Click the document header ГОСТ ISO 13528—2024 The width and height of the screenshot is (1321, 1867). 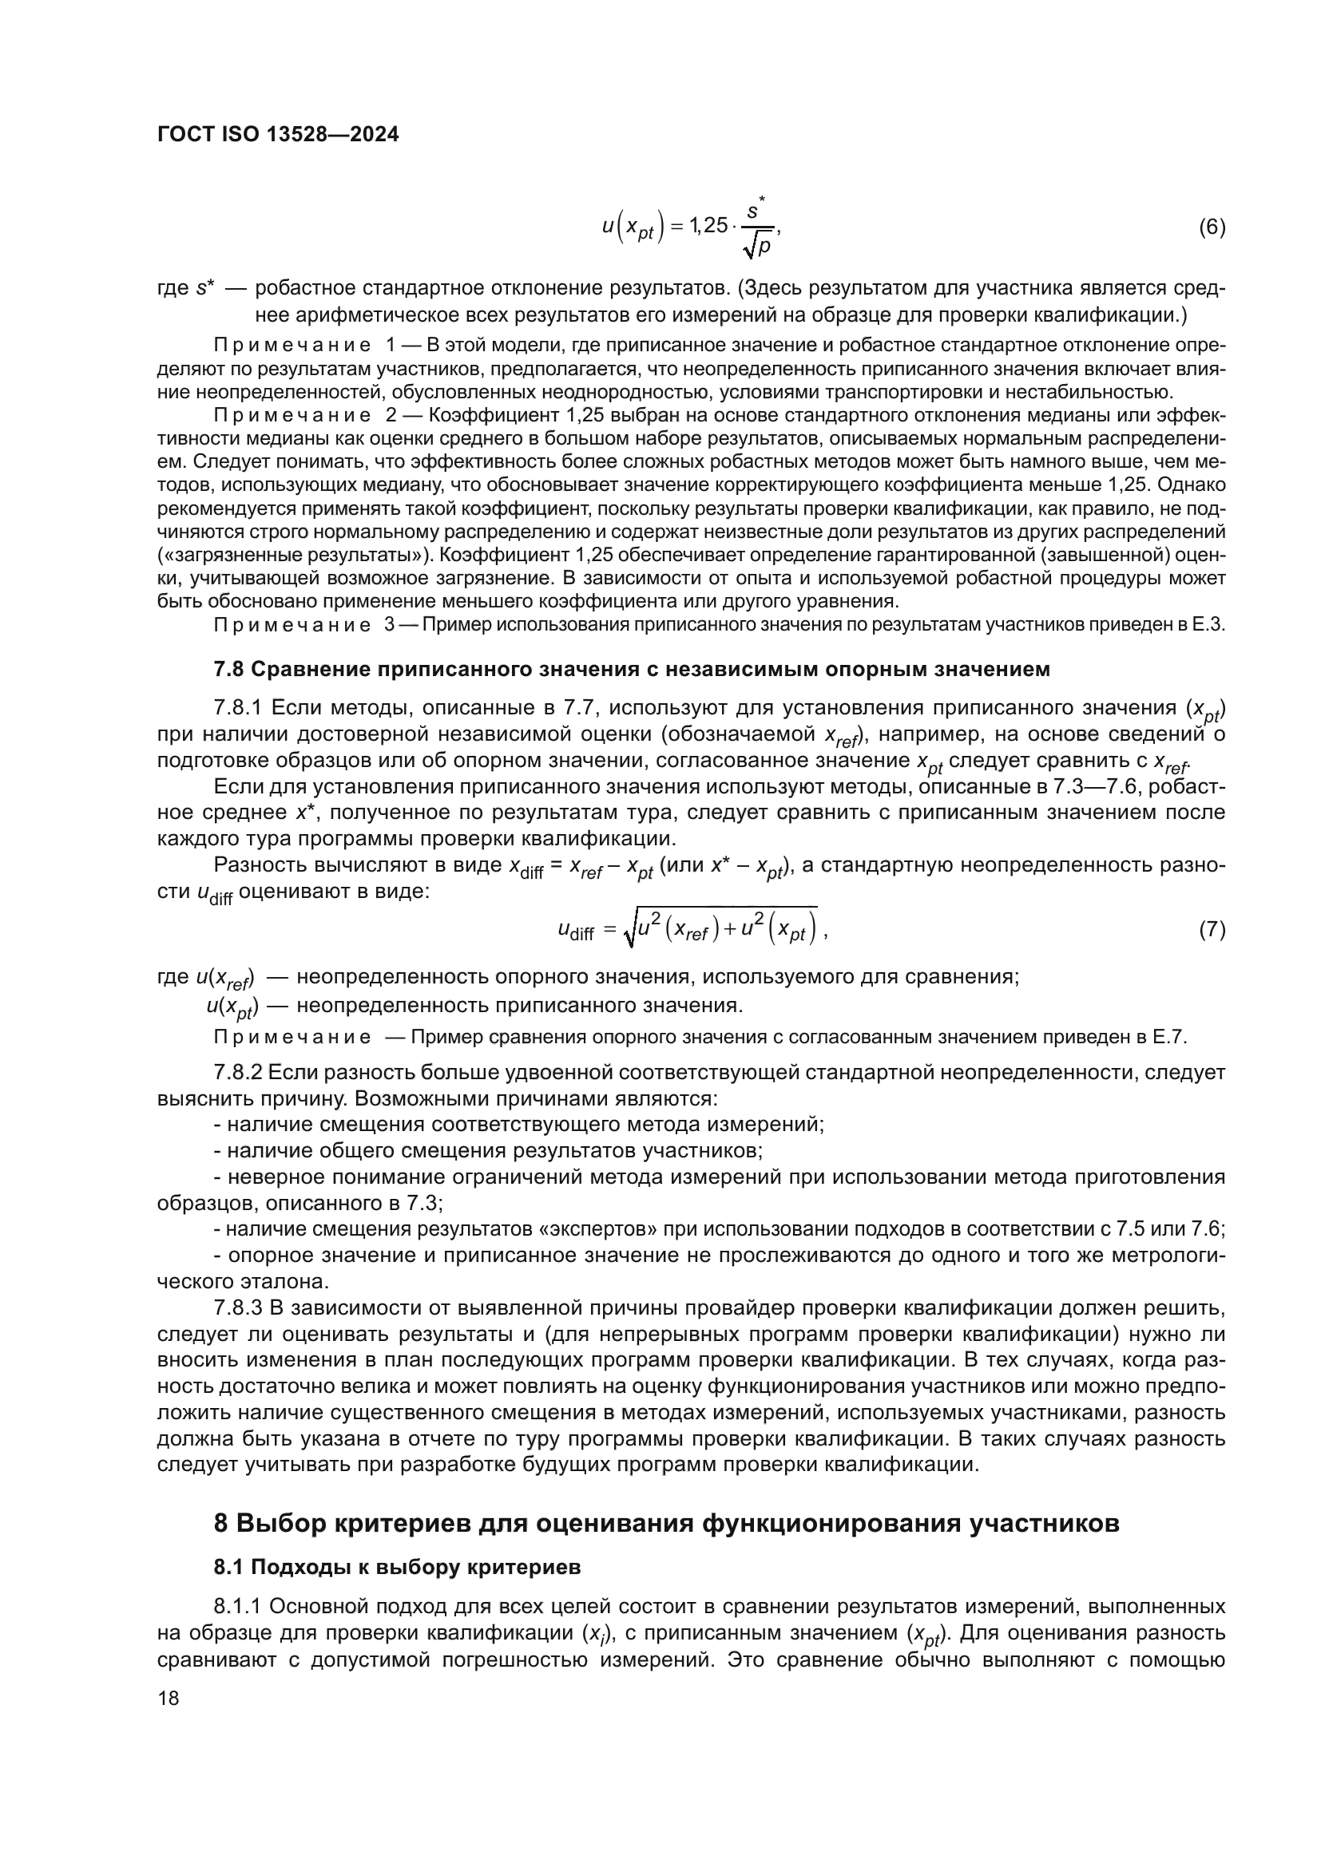tap(278, 135)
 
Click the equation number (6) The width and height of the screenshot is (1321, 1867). tap(1212, 227)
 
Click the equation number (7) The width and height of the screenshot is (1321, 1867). tap(1212, 929)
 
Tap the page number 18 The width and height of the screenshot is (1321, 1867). tap(169, 1699)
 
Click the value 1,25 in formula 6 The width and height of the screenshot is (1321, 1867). tap(708, 226)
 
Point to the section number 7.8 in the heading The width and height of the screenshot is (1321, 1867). tap(228, 669)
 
